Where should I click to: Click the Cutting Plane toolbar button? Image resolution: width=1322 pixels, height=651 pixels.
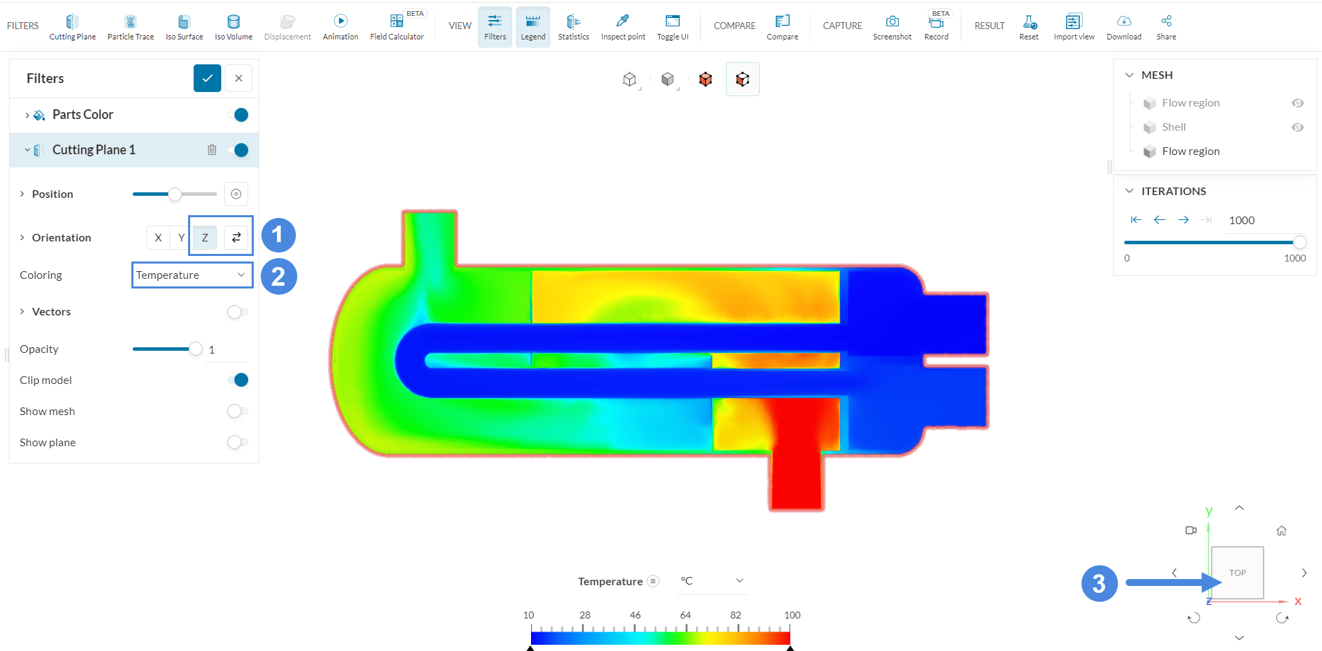tap(72, 27)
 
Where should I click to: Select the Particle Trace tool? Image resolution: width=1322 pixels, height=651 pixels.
tap(131, 27)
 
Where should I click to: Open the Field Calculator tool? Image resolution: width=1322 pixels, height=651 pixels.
tap(396, 27)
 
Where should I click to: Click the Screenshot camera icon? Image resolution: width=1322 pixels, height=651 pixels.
tap(892, 22)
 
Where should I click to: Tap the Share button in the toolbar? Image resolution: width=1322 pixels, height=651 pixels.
tap(1166, 27)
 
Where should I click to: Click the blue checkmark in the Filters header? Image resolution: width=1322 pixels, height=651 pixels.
tap(207, 78)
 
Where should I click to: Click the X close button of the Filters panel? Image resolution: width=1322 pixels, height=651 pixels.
tap(239, 78)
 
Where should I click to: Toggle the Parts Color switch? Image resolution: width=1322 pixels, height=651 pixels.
tap(239, 115)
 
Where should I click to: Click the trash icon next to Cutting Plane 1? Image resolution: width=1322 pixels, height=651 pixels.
tap(212, 150)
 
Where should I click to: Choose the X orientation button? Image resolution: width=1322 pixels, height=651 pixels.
tap(158, 237)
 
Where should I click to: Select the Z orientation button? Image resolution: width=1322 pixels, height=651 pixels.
tap(205, 237)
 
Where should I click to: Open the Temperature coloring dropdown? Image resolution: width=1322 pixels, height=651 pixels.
tap(191, 275)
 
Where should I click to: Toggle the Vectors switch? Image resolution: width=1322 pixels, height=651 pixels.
tap(237, 312)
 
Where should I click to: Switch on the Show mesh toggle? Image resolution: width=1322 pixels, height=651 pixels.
tap(237, 412)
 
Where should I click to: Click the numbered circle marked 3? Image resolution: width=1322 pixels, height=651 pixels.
tap(1099, 583)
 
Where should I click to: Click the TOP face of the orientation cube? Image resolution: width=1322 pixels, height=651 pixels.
tap(1237, 573)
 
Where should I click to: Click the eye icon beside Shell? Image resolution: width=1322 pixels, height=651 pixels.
tap(1297, 127)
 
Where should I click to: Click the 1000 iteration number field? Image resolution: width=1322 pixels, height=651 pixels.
tap(1242, 220)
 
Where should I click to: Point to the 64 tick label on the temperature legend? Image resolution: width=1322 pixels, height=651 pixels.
tap(685, 615)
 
